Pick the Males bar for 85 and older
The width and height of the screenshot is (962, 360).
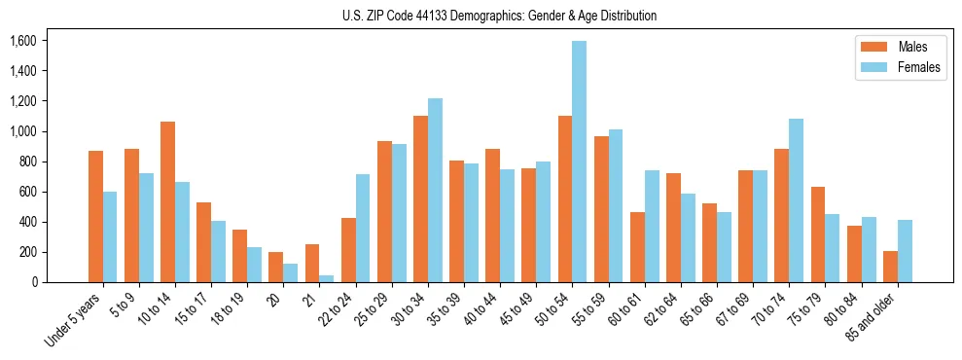click(890, 267)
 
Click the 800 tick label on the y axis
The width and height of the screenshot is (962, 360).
click(26, 162)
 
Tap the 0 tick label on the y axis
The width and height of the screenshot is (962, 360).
click(32, 282)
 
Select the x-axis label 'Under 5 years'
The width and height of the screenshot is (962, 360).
click(74, 322)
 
